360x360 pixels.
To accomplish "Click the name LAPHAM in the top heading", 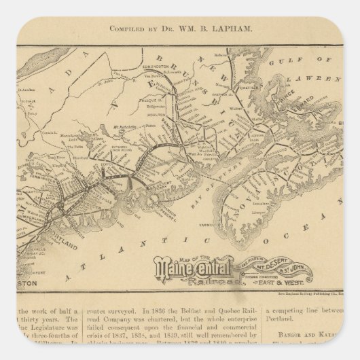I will coord(215,29).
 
